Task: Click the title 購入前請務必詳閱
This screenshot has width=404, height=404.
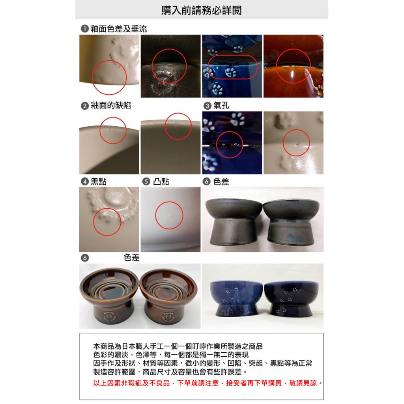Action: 202,10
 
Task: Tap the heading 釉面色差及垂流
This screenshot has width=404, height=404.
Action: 119,28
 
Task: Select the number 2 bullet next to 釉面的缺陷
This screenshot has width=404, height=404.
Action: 85,106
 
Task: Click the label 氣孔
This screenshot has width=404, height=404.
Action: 221,105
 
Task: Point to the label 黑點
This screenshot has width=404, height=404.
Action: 98,181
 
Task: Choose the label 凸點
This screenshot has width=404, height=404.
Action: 161,181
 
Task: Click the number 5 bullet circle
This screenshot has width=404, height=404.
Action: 146,181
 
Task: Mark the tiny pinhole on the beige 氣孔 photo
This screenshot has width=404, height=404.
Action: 297,144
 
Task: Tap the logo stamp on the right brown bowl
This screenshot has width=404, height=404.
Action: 168,317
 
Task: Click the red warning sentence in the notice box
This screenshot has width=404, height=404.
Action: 208,383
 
